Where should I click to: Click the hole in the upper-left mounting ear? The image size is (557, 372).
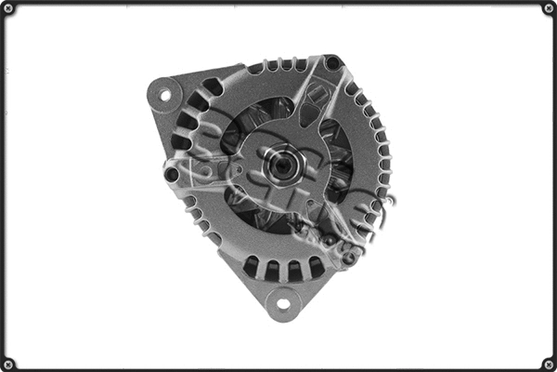(x=165, y=94)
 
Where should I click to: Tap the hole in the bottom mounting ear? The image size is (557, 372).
(x=282, y=301)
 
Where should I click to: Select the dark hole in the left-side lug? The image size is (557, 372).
(x=172, y=174)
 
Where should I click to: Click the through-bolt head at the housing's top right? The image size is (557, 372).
(x=332, y=63)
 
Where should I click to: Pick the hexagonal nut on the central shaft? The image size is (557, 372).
(x=279, y=166)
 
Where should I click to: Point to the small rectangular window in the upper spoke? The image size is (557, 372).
(x=316, y=93)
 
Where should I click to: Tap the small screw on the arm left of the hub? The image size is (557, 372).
(x=238, y=171)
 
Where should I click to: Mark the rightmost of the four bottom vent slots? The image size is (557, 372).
(x=316, y=267)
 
